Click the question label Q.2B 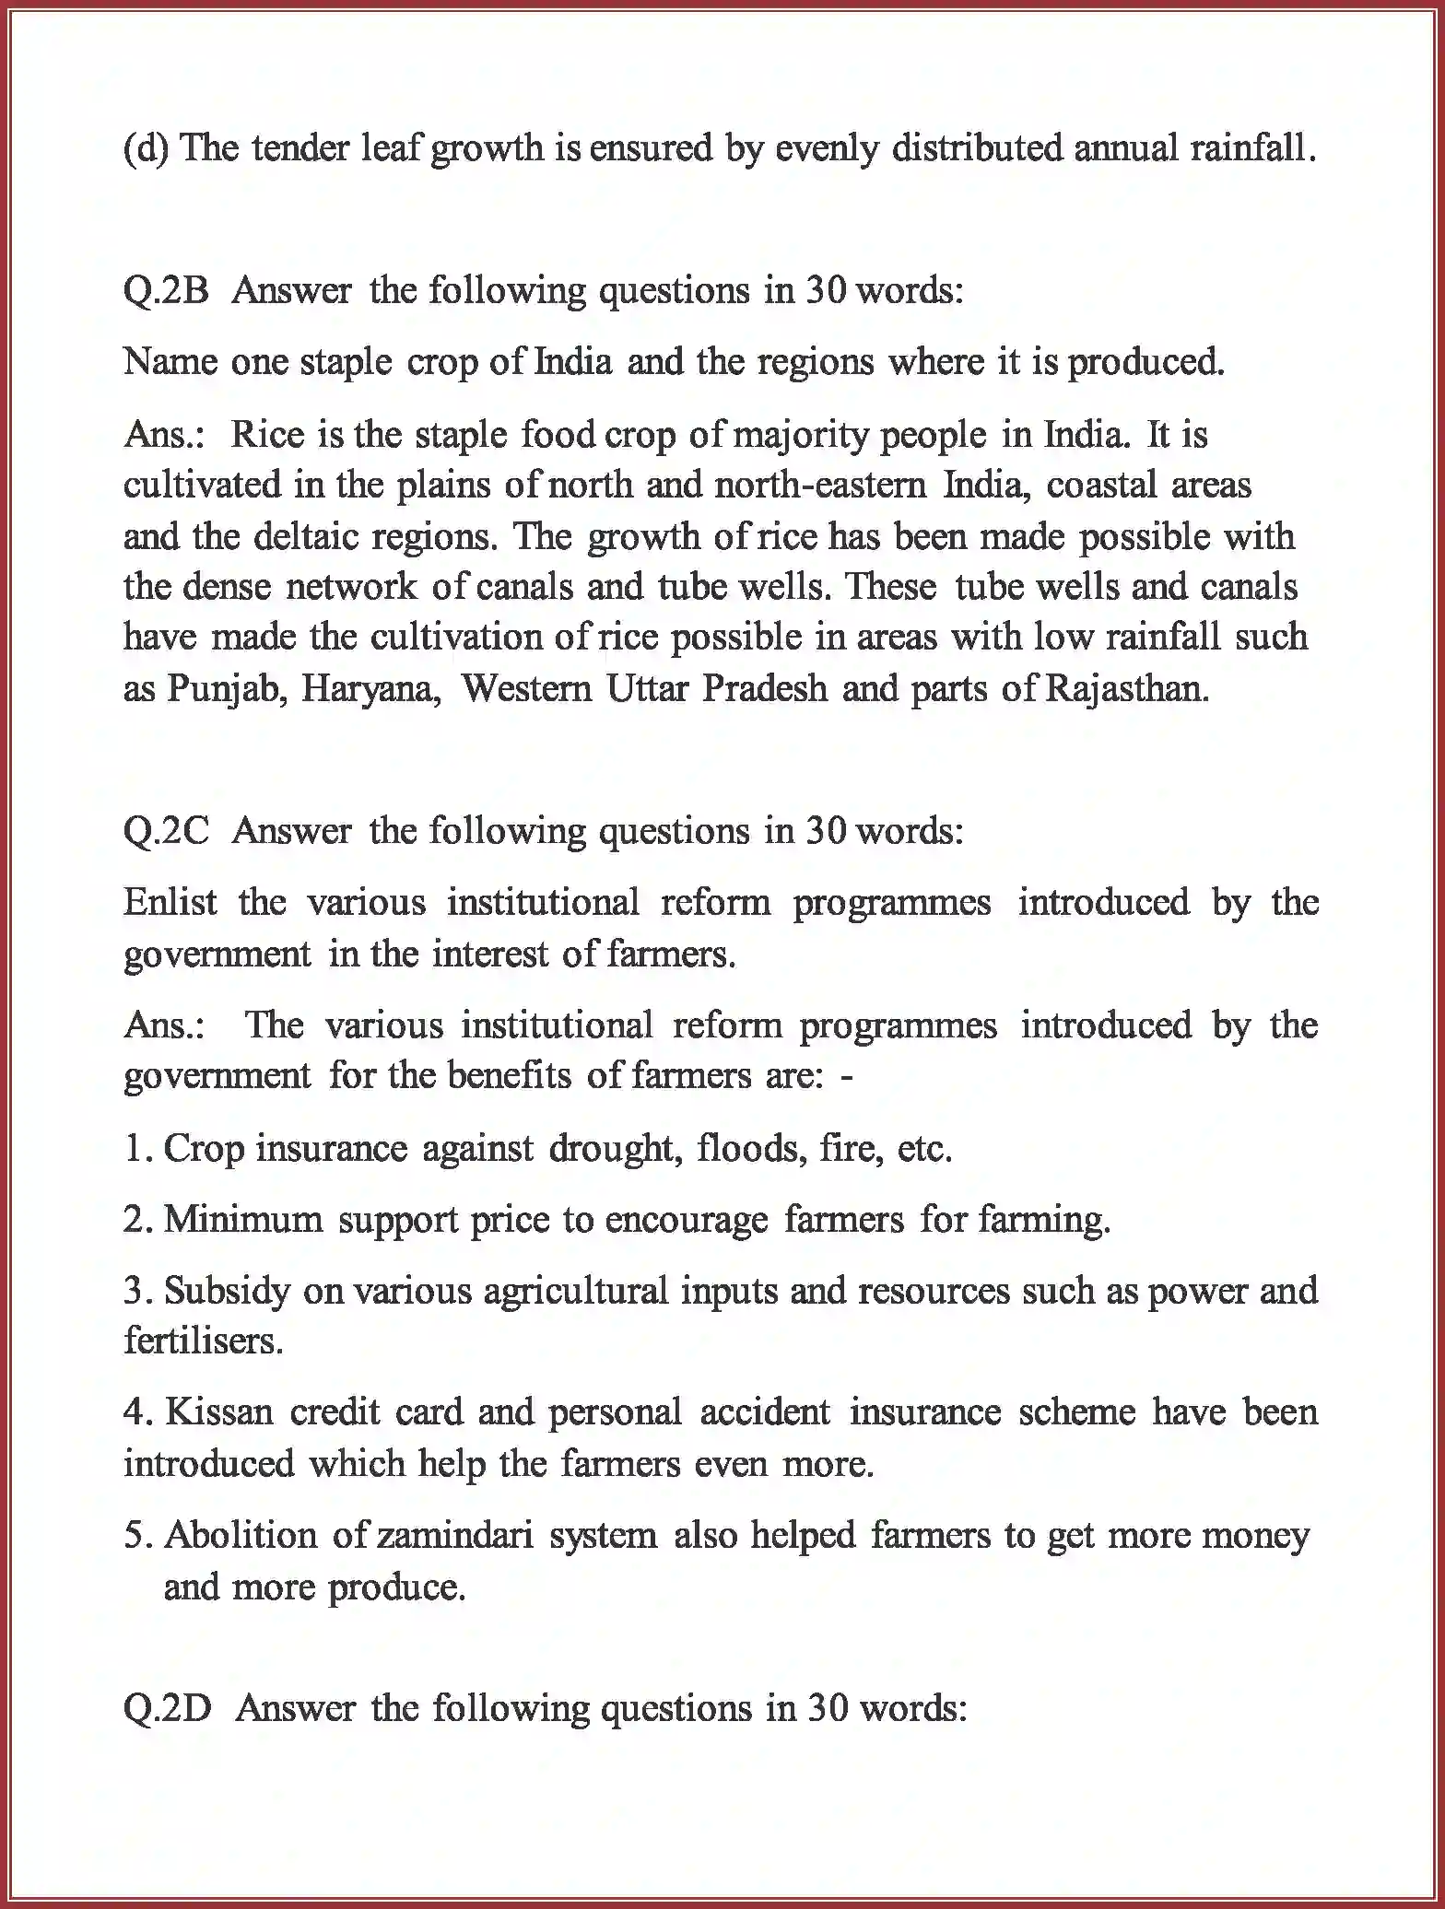tap(166, 291)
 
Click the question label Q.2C tap(166, 832)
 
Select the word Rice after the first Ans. tap(267, 435)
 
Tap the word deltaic tap(309, 536)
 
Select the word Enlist tap(170, 902)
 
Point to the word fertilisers tap(202, 1341)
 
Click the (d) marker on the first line tap(146, 148)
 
